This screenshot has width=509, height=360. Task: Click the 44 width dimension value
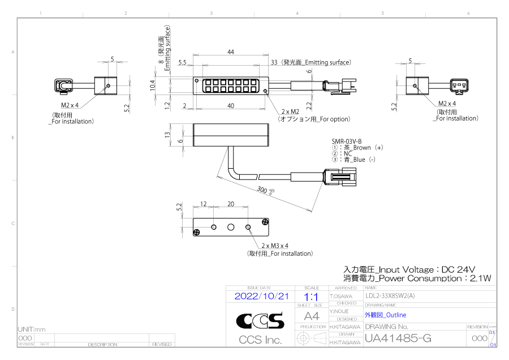(x=231, y=52)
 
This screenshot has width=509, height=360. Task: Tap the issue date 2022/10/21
(x=261, y=296)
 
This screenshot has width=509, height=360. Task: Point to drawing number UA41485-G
(x=398, y=338)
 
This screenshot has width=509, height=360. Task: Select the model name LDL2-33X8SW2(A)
(x=390, y=295)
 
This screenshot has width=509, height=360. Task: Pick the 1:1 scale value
(x=311, y=296)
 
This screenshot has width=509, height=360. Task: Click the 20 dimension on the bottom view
(x=231, y=204)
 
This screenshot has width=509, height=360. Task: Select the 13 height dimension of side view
(x=166, y=135)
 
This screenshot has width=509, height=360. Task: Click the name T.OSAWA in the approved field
(x=341, y=296)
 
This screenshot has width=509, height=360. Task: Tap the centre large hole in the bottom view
(x=231, y=227)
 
